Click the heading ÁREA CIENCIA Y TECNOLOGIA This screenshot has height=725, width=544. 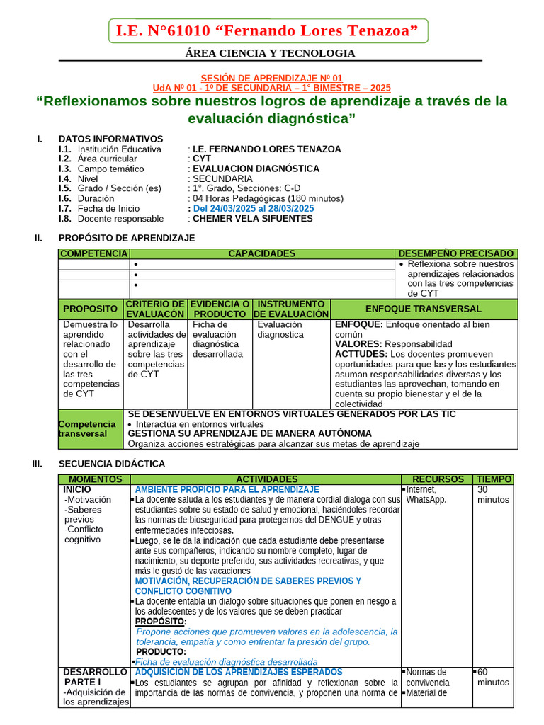270,53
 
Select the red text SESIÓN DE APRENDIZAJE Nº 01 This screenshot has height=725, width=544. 271,78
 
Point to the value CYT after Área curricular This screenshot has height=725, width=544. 202,159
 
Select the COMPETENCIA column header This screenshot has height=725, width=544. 93,253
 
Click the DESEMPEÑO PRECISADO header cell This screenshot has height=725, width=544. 456,253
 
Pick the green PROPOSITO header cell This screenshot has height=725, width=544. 91,309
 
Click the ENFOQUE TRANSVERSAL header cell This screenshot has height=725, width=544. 423,309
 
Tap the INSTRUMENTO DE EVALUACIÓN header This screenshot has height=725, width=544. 291,309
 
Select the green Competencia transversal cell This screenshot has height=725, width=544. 91,428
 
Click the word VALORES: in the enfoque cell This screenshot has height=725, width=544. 358,343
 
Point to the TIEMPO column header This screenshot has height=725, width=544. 494,479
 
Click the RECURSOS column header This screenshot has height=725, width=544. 438,479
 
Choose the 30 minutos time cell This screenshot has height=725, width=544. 492,494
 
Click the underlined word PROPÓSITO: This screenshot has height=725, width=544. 161,621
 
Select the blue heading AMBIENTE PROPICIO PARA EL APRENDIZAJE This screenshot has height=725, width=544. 227,489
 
